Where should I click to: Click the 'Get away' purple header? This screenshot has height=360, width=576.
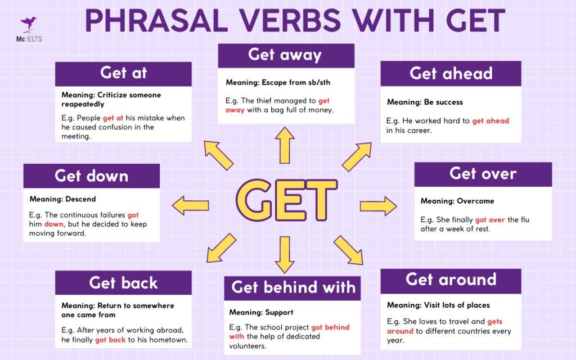click(286, 55)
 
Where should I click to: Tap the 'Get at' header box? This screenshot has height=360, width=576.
click(123, 73)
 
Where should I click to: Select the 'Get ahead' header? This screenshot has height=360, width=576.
click(451, 73)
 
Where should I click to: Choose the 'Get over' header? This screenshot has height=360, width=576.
click(483, 174)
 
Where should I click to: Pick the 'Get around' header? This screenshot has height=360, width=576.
click(451, 280)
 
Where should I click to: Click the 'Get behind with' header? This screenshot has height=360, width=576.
click(293, 287)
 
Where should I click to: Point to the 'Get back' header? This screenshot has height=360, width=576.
click(123, 282)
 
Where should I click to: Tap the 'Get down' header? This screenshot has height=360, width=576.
click(91, 175)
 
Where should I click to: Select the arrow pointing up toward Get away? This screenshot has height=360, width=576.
click(285, 145)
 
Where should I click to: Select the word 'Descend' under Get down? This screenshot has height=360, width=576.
click(80, 199)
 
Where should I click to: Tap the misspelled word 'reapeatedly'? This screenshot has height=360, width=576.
click(83, 104)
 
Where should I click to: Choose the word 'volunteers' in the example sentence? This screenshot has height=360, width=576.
click(247, 346)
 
